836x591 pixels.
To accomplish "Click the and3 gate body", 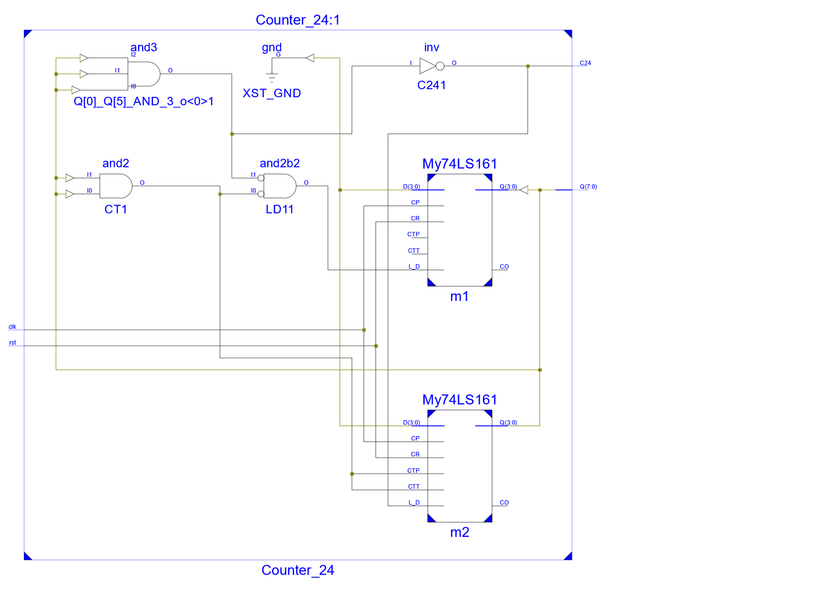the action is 144,74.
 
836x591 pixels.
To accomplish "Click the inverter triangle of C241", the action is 428,67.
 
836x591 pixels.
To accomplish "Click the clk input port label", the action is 12,327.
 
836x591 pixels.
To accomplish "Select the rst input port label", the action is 12,343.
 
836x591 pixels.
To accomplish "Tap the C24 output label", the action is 586,63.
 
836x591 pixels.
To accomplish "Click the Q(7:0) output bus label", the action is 589,187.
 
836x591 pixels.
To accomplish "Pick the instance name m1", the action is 459,297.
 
